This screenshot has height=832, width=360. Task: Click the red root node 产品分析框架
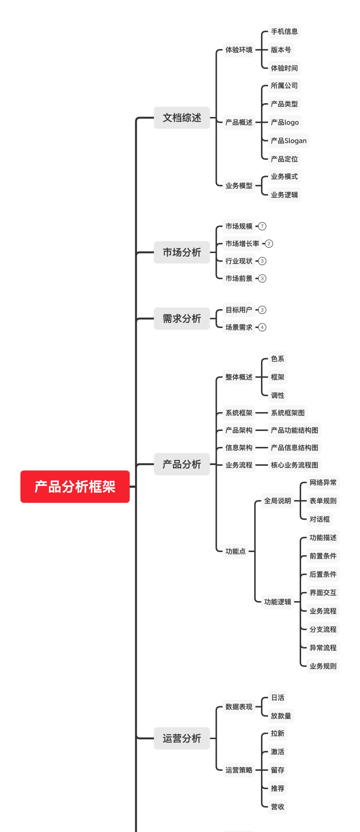[75, 486]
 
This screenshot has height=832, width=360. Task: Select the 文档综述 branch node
[182, 118]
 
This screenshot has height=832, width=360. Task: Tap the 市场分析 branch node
[182, 252]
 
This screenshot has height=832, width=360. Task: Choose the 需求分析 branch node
[182, 319]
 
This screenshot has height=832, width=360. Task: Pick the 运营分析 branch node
[182, 738]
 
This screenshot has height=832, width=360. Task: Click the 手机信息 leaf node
[284, 32]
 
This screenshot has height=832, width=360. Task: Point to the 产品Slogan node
[289, 141]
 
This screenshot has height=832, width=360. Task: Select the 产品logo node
[285, 122]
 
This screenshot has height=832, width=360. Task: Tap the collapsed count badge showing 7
[262, 226]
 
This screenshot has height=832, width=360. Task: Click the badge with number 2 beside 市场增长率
[269, 244]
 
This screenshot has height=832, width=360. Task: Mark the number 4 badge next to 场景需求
[262, 327]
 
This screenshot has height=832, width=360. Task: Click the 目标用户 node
[239, 310]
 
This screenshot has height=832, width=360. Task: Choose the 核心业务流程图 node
[295, 465]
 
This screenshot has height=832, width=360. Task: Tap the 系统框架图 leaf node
[288, 413]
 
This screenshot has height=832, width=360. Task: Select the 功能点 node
[235, 551]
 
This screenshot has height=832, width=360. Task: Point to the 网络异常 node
[323, 482]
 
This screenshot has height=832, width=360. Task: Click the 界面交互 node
[323, 593]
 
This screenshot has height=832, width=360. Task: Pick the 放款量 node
[281, 716]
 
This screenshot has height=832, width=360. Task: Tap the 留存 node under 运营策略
[278, 770]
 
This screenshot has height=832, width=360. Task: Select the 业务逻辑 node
[284, 195]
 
